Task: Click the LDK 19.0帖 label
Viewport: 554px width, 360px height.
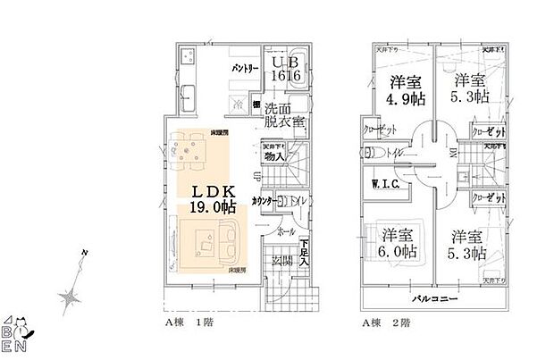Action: coord(212,198)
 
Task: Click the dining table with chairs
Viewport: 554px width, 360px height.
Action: coord(189,153)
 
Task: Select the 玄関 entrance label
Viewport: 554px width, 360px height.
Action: coord(281,260)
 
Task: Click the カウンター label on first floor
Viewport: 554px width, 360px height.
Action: coord(262,201)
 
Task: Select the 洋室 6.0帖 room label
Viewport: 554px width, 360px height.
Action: coord(397,243)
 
